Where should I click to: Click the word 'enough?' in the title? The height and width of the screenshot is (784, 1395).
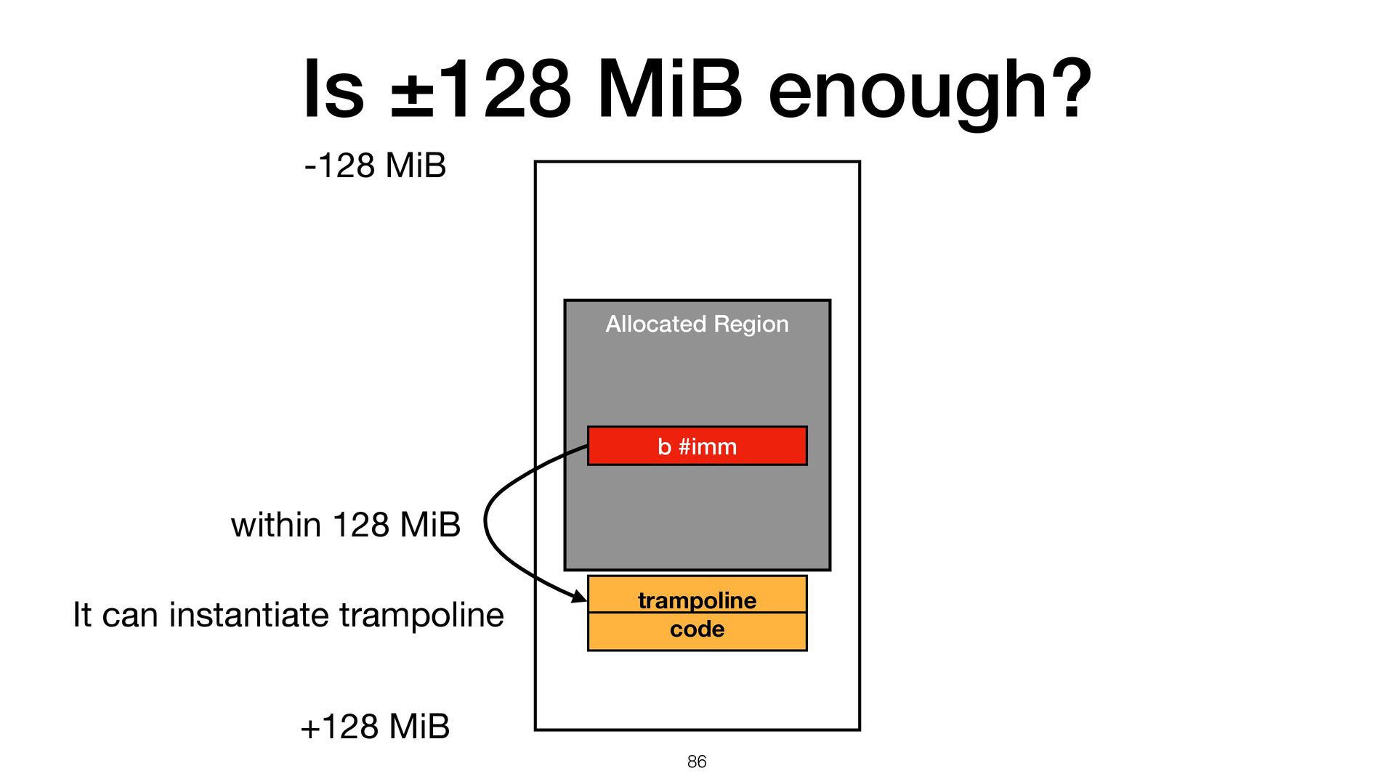[929, 91]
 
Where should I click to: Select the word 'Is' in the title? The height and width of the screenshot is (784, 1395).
[333, 91]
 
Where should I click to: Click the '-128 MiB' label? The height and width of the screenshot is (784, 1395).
[375, 166]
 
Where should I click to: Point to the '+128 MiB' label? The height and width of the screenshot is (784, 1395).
[375, 726]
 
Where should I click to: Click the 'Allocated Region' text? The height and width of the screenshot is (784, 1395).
[697, 324]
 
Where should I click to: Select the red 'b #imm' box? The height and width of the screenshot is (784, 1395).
[697, 446]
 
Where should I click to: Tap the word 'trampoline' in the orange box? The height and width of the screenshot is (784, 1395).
[697, 600]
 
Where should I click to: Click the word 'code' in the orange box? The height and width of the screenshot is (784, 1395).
[697, 629]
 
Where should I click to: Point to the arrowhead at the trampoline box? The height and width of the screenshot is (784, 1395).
[580, 597]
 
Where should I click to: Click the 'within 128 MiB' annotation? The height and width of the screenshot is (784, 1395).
[346, 524]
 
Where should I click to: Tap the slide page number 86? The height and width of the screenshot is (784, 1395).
[697, 761]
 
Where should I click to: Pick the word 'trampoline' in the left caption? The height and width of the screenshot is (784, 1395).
[421, 615]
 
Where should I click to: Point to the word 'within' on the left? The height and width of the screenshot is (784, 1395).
[276, 524]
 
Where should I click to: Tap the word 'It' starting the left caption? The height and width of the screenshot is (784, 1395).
[82, 615]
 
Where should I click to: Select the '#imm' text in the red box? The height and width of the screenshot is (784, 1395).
[708, 446]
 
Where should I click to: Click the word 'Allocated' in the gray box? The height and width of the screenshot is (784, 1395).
[655, 324]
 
